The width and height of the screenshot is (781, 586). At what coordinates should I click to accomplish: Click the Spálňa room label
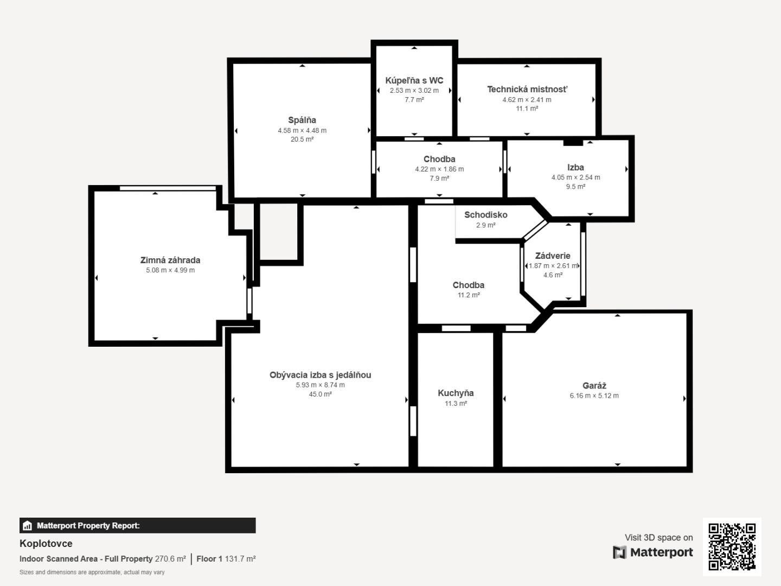click(x=302, y=120)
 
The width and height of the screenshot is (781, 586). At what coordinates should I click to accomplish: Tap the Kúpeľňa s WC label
click(x=414, y=80)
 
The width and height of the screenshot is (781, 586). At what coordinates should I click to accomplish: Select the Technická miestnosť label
click(x=527, y=90)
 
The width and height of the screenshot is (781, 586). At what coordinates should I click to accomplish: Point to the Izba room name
click(x=575, y=167)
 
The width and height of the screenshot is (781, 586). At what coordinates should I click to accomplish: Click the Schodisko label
click(x=485, y=215)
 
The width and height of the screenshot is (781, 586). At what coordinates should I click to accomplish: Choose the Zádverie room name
click(x=553, y=256)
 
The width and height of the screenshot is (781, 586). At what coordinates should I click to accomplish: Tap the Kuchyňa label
click(x=456, y=393)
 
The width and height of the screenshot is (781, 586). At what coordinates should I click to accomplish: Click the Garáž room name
click(x=594, y=385)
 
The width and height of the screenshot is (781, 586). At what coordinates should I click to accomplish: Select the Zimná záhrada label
click(x=170, y=260)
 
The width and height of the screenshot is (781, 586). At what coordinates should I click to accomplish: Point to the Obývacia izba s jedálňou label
click(x=320, y=375)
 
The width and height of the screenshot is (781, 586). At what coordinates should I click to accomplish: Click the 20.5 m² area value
click(x=302, y=139)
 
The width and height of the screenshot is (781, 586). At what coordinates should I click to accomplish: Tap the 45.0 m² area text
click(x=320, y=394)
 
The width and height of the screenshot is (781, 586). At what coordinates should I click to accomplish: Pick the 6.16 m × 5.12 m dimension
click(x=594, y=396)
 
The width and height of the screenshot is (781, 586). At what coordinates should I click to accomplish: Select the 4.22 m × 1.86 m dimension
click(x=439, y=169)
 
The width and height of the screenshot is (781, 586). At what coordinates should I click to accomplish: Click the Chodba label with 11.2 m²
click(x=468, y=285)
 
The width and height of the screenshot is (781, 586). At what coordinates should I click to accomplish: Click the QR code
click(x=732, y=546)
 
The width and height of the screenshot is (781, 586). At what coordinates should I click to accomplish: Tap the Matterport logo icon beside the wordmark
click(x=619, y=552)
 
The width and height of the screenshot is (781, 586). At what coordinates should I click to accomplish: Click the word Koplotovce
click(x=46, y=543)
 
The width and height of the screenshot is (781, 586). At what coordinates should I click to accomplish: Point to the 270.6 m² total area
click(x=170, y=559)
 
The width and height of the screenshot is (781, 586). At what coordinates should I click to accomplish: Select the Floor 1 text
click(x=209, y=559)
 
